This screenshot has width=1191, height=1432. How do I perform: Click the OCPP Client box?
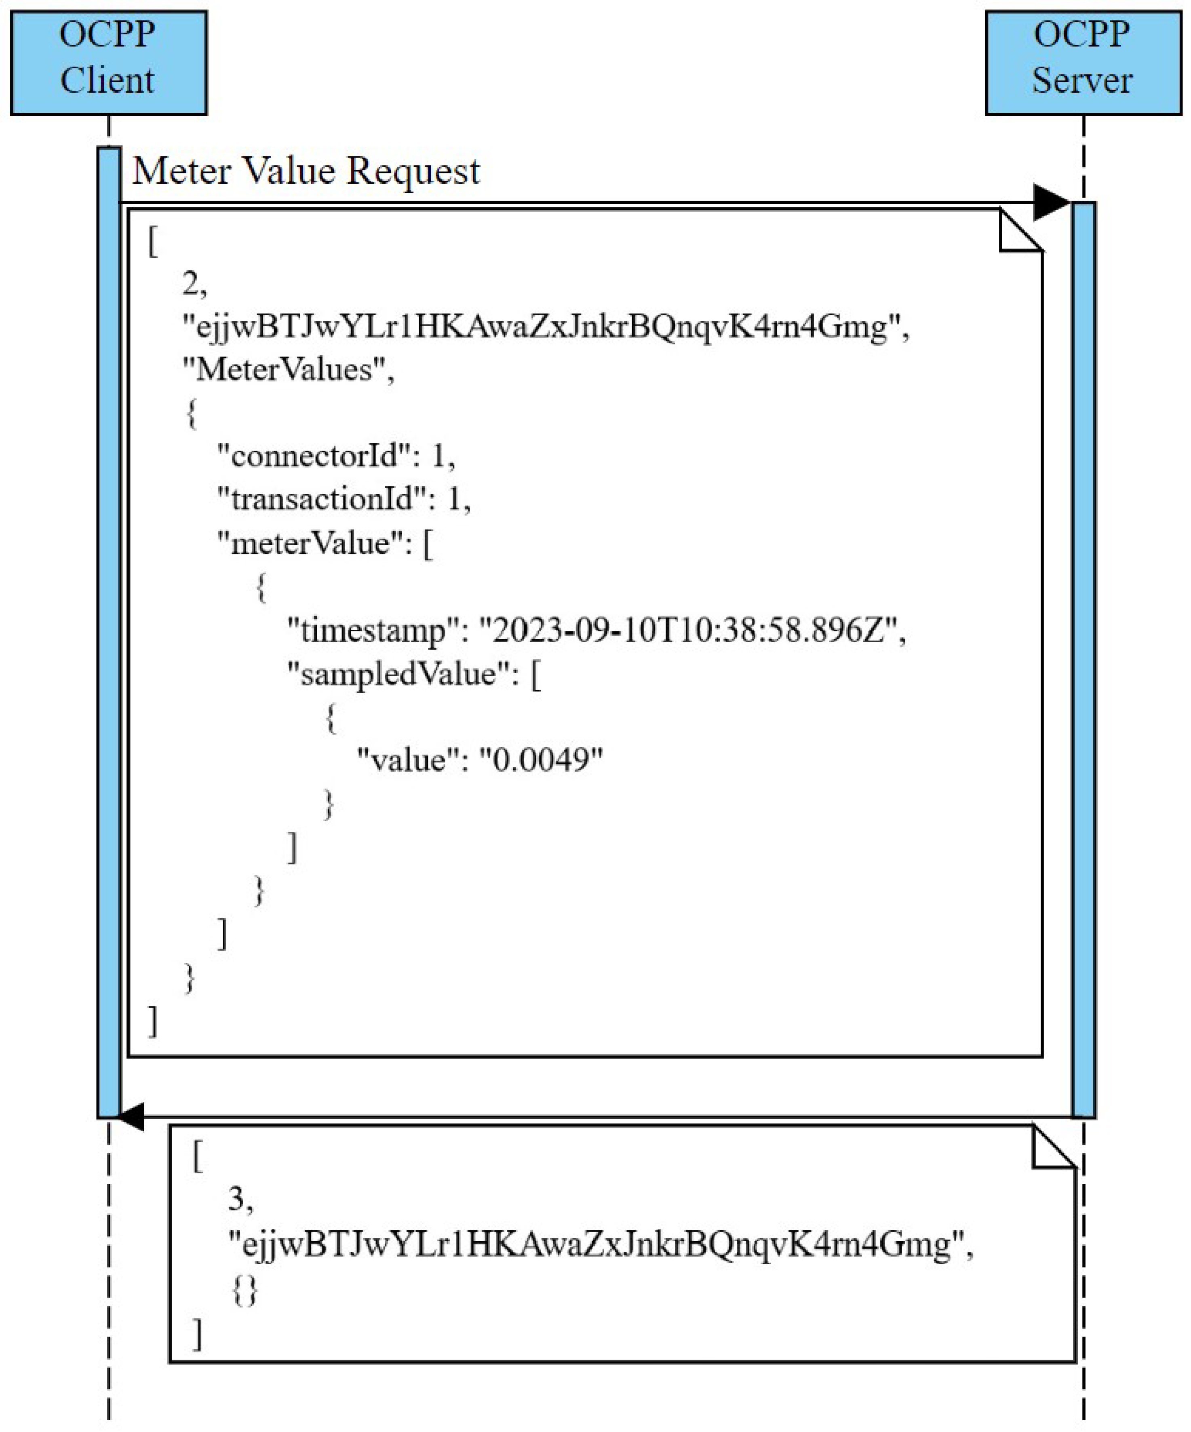coord(108,62)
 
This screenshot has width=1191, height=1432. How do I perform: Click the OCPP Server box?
coord(1083,62)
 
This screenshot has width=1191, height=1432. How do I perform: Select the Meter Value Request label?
coord(306,171)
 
